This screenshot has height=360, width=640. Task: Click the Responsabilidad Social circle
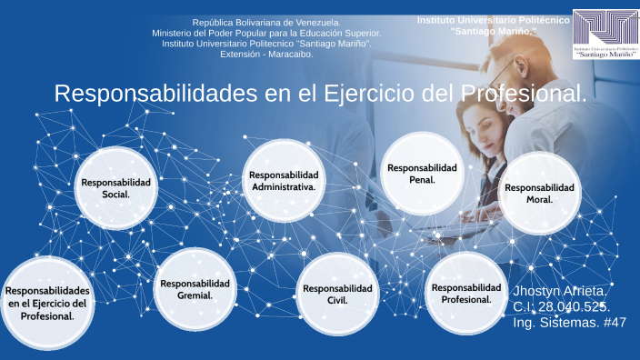[x=115, y=187]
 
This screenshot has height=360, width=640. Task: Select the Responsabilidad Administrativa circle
[x=284, y=180]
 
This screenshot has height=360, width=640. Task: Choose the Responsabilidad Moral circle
[x=539, y=193]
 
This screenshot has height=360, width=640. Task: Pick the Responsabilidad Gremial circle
[x=195, y=288]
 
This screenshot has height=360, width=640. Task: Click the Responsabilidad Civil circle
[x=337, y=293]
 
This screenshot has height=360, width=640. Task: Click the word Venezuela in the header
[x=315, y=22]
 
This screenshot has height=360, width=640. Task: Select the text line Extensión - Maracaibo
[x=266, y=55]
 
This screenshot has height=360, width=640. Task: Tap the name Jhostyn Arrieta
[x=561, y=291]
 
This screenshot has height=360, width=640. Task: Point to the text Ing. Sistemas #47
[x=569, y=323]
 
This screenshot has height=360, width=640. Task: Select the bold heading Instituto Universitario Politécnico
[x=494, y=20]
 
